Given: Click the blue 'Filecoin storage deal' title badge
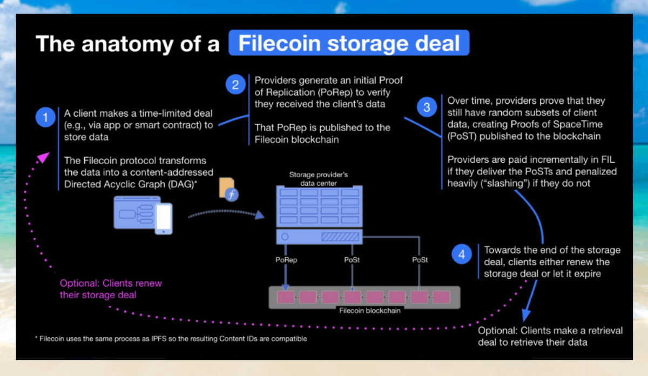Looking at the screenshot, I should (x=348, y=43).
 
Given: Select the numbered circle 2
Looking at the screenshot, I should (x=235, y=85).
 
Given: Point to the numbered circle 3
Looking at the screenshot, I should (x=427, y=108).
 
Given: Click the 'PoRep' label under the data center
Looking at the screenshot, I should (x=286, y=260).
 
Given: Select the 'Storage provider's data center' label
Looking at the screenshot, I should (x=318, y=179).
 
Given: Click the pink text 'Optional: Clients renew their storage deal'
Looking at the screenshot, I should (x=111, y=289).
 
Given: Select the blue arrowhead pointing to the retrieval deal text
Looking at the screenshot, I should (x=525, y=317).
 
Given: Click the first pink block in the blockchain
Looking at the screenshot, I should (x=285, y=297).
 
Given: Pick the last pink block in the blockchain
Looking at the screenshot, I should (x=441, y=297).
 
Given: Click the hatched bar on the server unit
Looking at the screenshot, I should (x=340, y=236).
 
